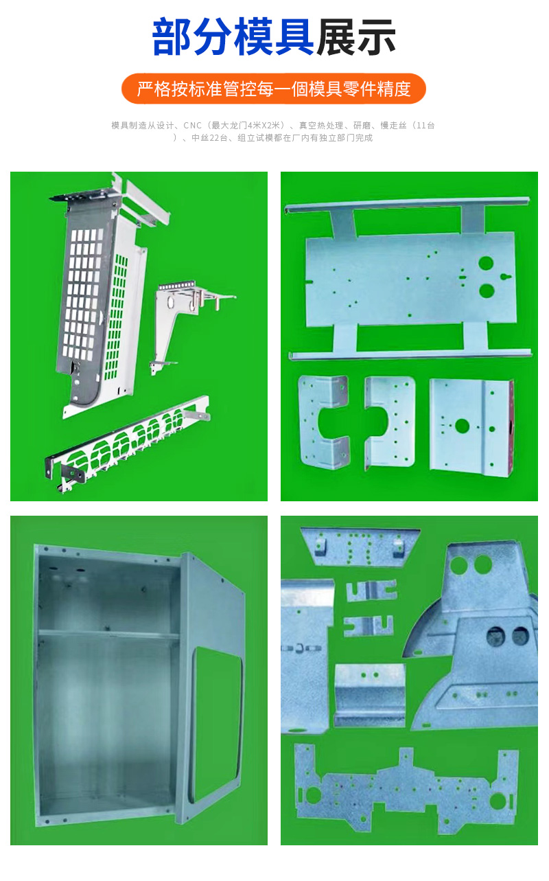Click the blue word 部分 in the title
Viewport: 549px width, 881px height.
[x=191, y=37]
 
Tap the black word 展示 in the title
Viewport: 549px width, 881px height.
[x=356, y=37]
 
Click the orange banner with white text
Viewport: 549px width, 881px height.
[x=274, y=89]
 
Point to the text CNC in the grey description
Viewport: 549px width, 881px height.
[x=192, y=126]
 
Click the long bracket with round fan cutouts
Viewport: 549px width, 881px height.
[x=128, y=444]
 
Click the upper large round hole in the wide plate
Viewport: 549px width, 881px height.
[x=486, y=263]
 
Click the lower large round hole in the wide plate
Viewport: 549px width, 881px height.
[x=487, y=290]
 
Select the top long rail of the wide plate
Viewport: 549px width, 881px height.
[x=407, y=205]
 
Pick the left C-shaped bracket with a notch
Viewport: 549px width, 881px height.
[x=324, y=422]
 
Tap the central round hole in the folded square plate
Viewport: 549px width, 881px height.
[x=462, y=425]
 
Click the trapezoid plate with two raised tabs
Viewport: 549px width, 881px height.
[x=360, y=547]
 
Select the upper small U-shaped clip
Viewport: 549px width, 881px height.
[x=371, y=591]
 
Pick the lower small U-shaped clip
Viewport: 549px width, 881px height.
[x=369, y=626]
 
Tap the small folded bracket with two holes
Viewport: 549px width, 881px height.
[x=369, y=695]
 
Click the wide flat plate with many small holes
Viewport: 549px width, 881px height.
[x=406, y=790]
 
